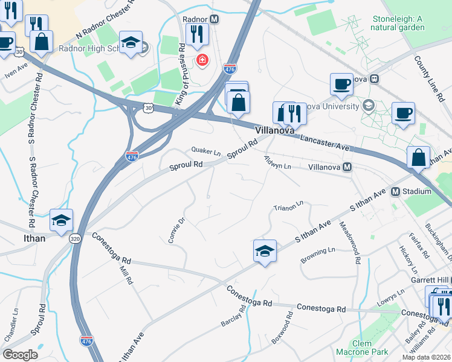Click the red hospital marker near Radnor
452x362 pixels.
click(x=201, y=60)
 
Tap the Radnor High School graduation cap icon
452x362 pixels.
click(x=131, y=43)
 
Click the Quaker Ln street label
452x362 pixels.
click(x=205, y=151)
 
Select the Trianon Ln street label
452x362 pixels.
click(x=288, y=207)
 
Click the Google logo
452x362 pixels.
click(x=20, y=355)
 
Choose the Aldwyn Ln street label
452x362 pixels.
click(x=277, y=162)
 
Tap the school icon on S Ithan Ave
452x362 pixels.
click(x=265, y=252)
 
